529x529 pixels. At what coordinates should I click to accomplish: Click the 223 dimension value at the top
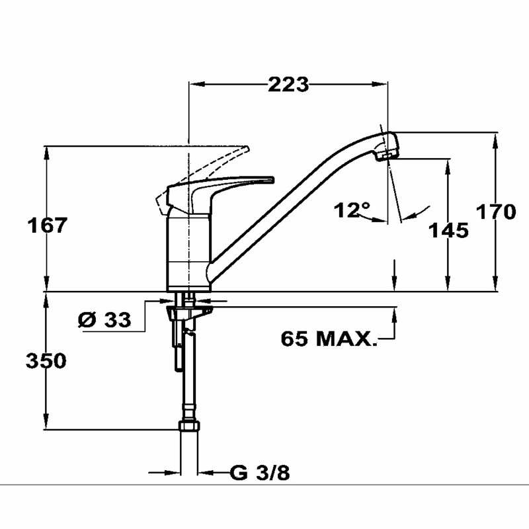pyautogui.click(x=288, y=84)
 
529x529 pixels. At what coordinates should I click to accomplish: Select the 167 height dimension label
pyautogui.click(x=47, y=225)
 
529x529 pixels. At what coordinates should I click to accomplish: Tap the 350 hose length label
pyautogui.click(x=46, y=361)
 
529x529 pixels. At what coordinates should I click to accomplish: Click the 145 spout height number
pyautogui.click(x=448, y=230)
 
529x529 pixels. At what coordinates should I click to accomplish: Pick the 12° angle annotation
pyautogui.click(x=352, y=211)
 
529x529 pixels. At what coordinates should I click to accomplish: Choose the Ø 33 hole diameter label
pyautogui.click(x=104, y=320)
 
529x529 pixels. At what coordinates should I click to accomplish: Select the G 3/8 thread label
pyautogui.click(x=260, y=473)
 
